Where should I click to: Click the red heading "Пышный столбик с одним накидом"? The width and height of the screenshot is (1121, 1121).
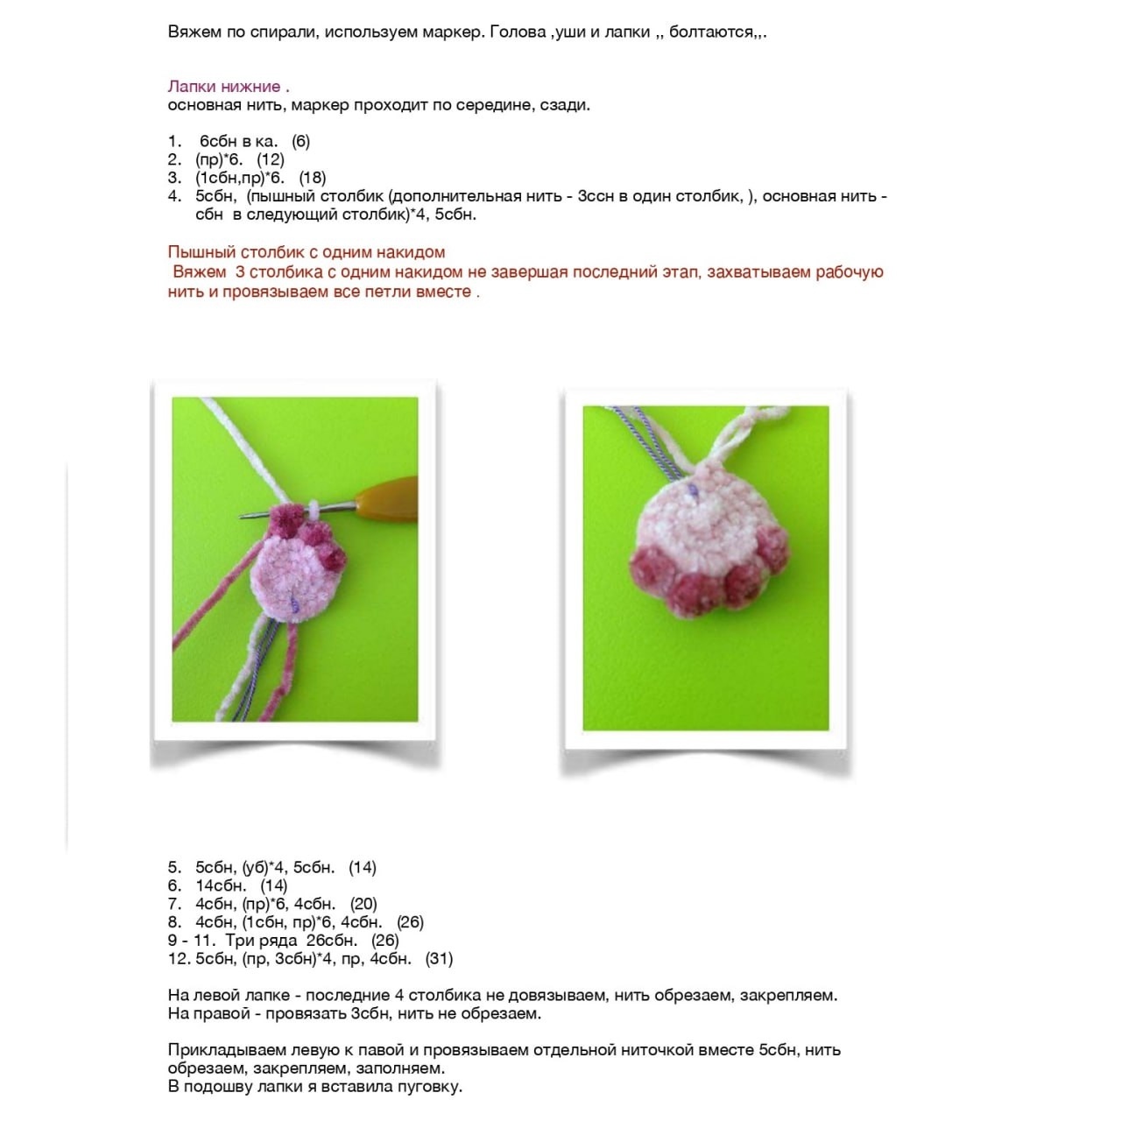coord(307,252)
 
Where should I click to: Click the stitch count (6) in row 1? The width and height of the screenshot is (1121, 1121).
coord(300,141)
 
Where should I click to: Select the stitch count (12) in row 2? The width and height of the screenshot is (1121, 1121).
coord(271,159)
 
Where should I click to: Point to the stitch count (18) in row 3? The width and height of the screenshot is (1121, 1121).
coord(313,178)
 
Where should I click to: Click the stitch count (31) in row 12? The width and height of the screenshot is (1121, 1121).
coord(439,959)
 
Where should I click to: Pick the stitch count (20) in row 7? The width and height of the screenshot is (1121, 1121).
coord(363,904)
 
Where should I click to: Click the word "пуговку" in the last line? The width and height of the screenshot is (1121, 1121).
coord(431,1087)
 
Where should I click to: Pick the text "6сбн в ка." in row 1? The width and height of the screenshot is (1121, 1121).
coord(238,141)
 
